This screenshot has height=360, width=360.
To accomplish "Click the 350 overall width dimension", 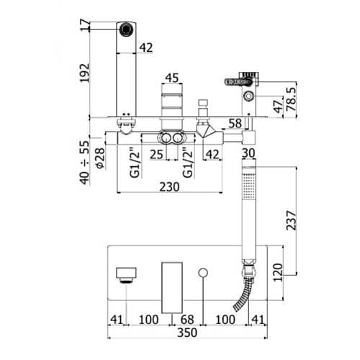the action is (187, 333).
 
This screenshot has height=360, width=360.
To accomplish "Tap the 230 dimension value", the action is (169, 187).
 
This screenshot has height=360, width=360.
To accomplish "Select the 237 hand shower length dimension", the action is (292, 220).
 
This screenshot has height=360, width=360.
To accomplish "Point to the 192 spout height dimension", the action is (84, 73).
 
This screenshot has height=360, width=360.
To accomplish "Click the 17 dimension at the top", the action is (85, 26).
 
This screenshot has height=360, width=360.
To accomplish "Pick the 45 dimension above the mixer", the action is (172, 78).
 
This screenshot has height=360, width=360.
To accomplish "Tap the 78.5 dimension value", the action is (292, 99).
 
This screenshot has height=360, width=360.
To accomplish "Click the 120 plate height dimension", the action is (278, 272).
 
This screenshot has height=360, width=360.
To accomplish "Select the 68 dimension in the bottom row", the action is (187, 320).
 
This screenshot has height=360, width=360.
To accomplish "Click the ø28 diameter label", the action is (100, 158).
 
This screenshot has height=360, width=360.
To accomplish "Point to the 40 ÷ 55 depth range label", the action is (84, 163).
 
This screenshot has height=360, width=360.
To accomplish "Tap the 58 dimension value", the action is (235, 123).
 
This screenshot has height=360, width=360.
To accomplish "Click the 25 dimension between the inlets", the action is (156, 154).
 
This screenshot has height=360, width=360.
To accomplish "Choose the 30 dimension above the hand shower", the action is (248, 153).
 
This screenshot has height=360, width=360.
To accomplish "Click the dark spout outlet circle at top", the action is (126, 30).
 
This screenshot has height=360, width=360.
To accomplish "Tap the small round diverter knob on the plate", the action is (203, 273).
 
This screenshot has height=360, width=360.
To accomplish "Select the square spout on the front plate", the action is (126, 275).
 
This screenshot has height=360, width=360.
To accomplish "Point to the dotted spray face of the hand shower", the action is (248, 186).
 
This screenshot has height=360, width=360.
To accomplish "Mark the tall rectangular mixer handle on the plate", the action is (172, 288).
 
